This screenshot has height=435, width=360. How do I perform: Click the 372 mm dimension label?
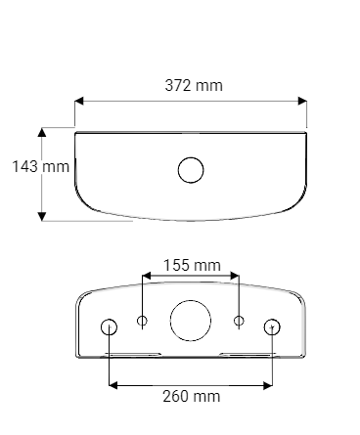[x=192, y=85]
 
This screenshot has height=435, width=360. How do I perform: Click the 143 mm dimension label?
[x=40, y=166]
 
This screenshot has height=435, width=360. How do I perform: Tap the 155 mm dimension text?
[x=191, y=265]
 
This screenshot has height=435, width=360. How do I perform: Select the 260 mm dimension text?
[x=191, y=396]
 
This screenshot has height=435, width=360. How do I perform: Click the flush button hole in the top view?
[x=192, y=169]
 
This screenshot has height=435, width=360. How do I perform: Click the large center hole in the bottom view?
[x=190, y=320]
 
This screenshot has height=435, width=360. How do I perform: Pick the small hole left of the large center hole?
[x=143, y=321]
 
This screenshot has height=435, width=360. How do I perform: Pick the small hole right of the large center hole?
[x=239, y=321]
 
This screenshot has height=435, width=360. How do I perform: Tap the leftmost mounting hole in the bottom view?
[x=110, y=326]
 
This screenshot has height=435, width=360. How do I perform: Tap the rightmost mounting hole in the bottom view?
[x=272, y=326]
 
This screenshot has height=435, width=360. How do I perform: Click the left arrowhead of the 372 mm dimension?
[x=80, y=100]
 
